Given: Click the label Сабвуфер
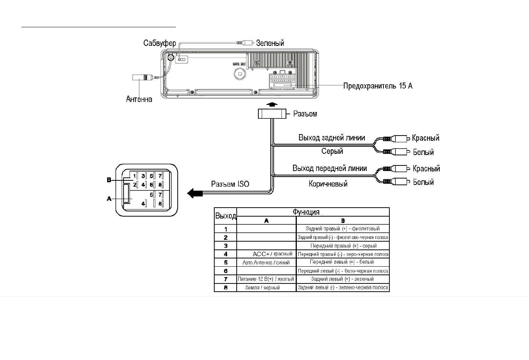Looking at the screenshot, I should (159, 43).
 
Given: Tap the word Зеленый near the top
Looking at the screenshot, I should (270, 43).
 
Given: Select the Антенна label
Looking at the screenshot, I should (139, 99).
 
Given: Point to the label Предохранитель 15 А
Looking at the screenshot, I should (377, 86).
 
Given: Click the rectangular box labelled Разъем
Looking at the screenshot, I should (272, 114).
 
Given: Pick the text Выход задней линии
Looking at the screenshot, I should (332, 138).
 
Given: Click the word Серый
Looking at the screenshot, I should (332, 151).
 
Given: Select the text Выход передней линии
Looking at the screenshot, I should (330, 168).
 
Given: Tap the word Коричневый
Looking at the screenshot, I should (328, 184).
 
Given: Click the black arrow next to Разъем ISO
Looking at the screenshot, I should (195, 193).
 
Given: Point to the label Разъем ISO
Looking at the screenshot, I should (230, 184).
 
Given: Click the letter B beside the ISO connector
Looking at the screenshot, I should (109, 180).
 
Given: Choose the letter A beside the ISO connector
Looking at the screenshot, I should (109, 199).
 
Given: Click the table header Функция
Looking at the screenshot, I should (306, 212).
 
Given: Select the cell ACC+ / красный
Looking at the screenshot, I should (272, 254).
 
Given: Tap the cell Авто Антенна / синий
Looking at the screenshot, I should (266, 263).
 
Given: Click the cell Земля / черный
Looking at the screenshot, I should (262, 288).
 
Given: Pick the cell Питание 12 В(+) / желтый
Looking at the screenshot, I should (266, 279).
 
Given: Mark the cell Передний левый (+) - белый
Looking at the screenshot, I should (342, 262).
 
